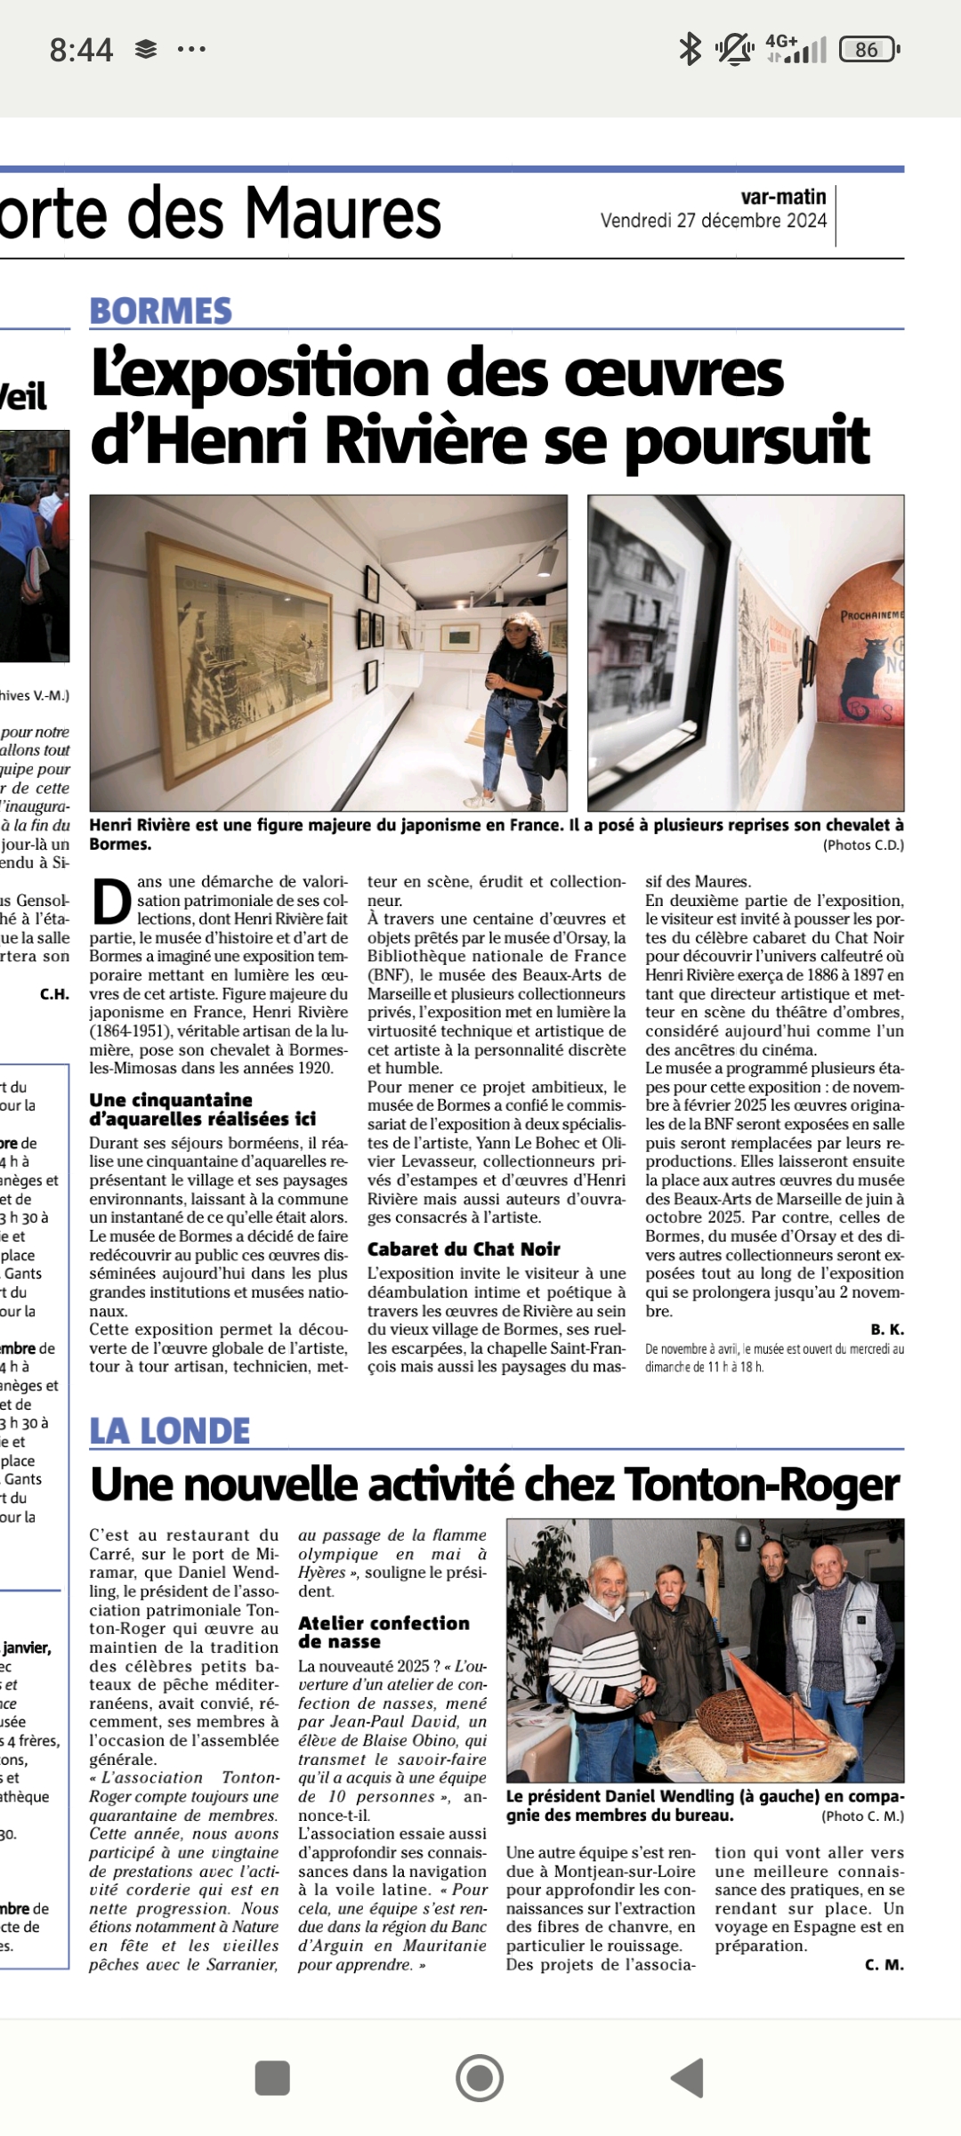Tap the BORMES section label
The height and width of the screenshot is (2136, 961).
pyautogui.click(x=160, y=311)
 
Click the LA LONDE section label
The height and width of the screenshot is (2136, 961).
pyautogui.click(x=170, y=1431)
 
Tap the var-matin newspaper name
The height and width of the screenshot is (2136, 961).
pyautogui.click(x=783, y=198)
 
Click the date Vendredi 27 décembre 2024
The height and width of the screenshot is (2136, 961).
pyautogui.click(x=714, y=221)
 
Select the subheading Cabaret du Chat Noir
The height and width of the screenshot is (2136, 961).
pyautogui.click(x=464, y=1250)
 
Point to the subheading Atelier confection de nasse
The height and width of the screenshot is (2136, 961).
pyautogui.click(x=384, y=1632)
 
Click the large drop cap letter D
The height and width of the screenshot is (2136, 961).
pyautogui.click(x=112, y=902)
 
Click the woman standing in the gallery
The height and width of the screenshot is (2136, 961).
pyautogui.click(x=516, y=694)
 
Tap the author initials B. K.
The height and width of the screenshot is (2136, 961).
pyautogui.click(x=887, y=1330)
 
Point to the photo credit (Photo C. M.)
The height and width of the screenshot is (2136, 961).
pyautogui.click(x=861, y=1816)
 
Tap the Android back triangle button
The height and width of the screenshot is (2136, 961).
pyautogui.click(x=688, y=2078)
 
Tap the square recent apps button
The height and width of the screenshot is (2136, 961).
pyautogui.click(x=272, y=2078)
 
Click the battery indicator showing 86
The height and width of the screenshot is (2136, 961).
pyautogui.click(x=868, y=50)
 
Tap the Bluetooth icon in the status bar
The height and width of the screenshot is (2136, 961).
pyautogui.click(x=690, y=50)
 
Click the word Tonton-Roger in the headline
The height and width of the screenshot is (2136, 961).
pyautogui.click(x=762, y=1485)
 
